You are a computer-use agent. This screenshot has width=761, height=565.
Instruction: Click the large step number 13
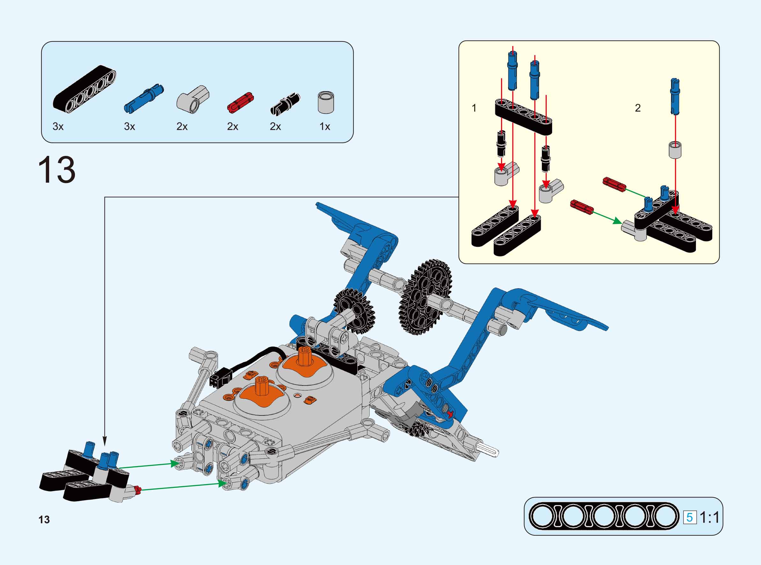click(57, 170)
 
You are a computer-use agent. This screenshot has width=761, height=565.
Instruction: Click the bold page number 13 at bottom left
click(44, 520)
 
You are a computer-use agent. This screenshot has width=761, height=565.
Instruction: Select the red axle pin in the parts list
click(240, 102)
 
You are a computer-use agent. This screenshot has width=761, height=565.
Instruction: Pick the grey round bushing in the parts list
click(326, 102)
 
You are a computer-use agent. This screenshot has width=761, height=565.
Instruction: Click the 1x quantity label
click(325, 127)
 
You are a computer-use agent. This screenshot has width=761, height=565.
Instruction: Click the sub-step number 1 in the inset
click(474, 108)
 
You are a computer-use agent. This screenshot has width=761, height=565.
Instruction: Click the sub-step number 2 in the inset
click(638, 108)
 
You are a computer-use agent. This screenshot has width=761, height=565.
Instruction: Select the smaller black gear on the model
click(354, 311)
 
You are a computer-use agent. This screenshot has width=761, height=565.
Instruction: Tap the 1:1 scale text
click(710, 517)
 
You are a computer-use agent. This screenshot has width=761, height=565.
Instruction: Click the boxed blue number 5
click(690, 517)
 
